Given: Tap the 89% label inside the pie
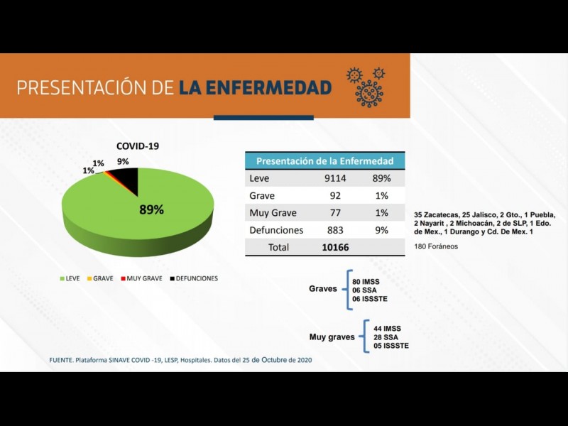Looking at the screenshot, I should click(151, 209).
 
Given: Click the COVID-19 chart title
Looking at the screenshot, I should click(138, 146).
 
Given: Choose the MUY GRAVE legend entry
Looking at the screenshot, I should click(144, 278).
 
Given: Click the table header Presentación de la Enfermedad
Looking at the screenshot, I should click(324, 161).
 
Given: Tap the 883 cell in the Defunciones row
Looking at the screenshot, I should click(333, 230).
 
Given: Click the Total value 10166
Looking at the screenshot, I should click(336, 247).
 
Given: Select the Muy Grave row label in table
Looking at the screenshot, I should click(273, 213).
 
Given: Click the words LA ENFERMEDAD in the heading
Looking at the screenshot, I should click(255, 88).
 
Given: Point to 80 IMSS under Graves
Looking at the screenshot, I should click(366, 282).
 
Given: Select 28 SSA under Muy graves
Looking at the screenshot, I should click(386, 337).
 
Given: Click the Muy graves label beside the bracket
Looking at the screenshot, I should click(332, 337).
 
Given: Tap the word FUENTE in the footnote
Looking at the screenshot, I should click(62, 360).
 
